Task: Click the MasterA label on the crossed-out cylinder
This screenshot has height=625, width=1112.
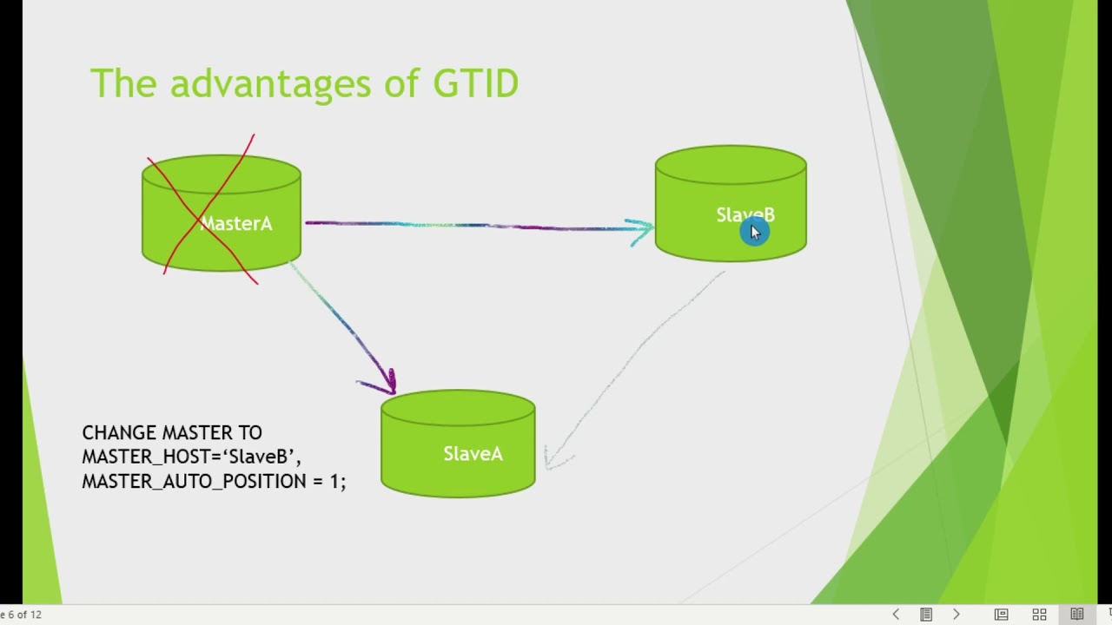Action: pos(236,224)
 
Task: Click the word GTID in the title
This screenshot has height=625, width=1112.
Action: pos(475,84)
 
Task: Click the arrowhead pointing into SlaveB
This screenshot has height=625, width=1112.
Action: pos(643,231)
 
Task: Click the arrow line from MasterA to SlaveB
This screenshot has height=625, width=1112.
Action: pos(469,226)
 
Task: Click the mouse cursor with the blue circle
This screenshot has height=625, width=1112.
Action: pos(753,232)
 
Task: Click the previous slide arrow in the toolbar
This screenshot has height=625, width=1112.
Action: pos(896,615)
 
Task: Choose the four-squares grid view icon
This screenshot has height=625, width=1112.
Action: pos(1039,615)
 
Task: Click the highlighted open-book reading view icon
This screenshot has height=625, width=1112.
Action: pos(1077,615)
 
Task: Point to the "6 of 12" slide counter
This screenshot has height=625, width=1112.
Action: pos(23,615)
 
